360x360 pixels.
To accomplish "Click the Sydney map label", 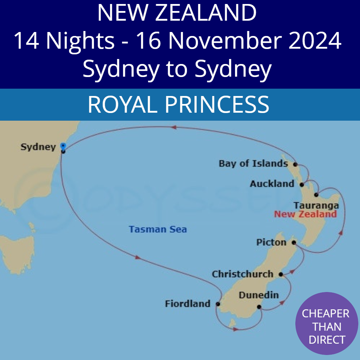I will point(38,147).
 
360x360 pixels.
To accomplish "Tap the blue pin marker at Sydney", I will point(63,146).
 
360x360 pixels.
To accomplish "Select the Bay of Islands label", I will point(253,164).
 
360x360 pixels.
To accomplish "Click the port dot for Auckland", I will point(302,184).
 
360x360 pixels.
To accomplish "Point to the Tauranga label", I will point(316,205).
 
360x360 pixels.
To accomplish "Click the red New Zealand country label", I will point(305,214).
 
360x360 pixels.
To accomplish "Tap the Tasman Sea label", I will point(158,229).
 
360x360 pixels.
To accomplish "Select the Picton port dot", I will point(294,242).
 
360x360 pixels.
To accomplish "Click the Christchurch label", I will point(242,274).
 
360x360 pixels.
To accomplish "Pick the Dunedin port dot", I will point(259,307).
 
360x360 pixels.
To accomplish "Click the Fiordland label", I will point(188,304).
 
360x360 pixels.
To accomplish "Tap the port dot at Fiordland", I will point(218,304).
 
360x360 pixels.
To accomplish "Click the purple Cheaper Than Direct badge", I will point(327,327).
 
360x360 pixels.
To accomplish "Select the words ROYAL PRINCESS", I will point(178,104).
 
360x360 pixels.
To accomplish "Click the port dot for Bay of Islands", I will point(295,164).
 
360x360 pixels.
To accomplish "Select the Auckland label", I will point(272,184).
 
